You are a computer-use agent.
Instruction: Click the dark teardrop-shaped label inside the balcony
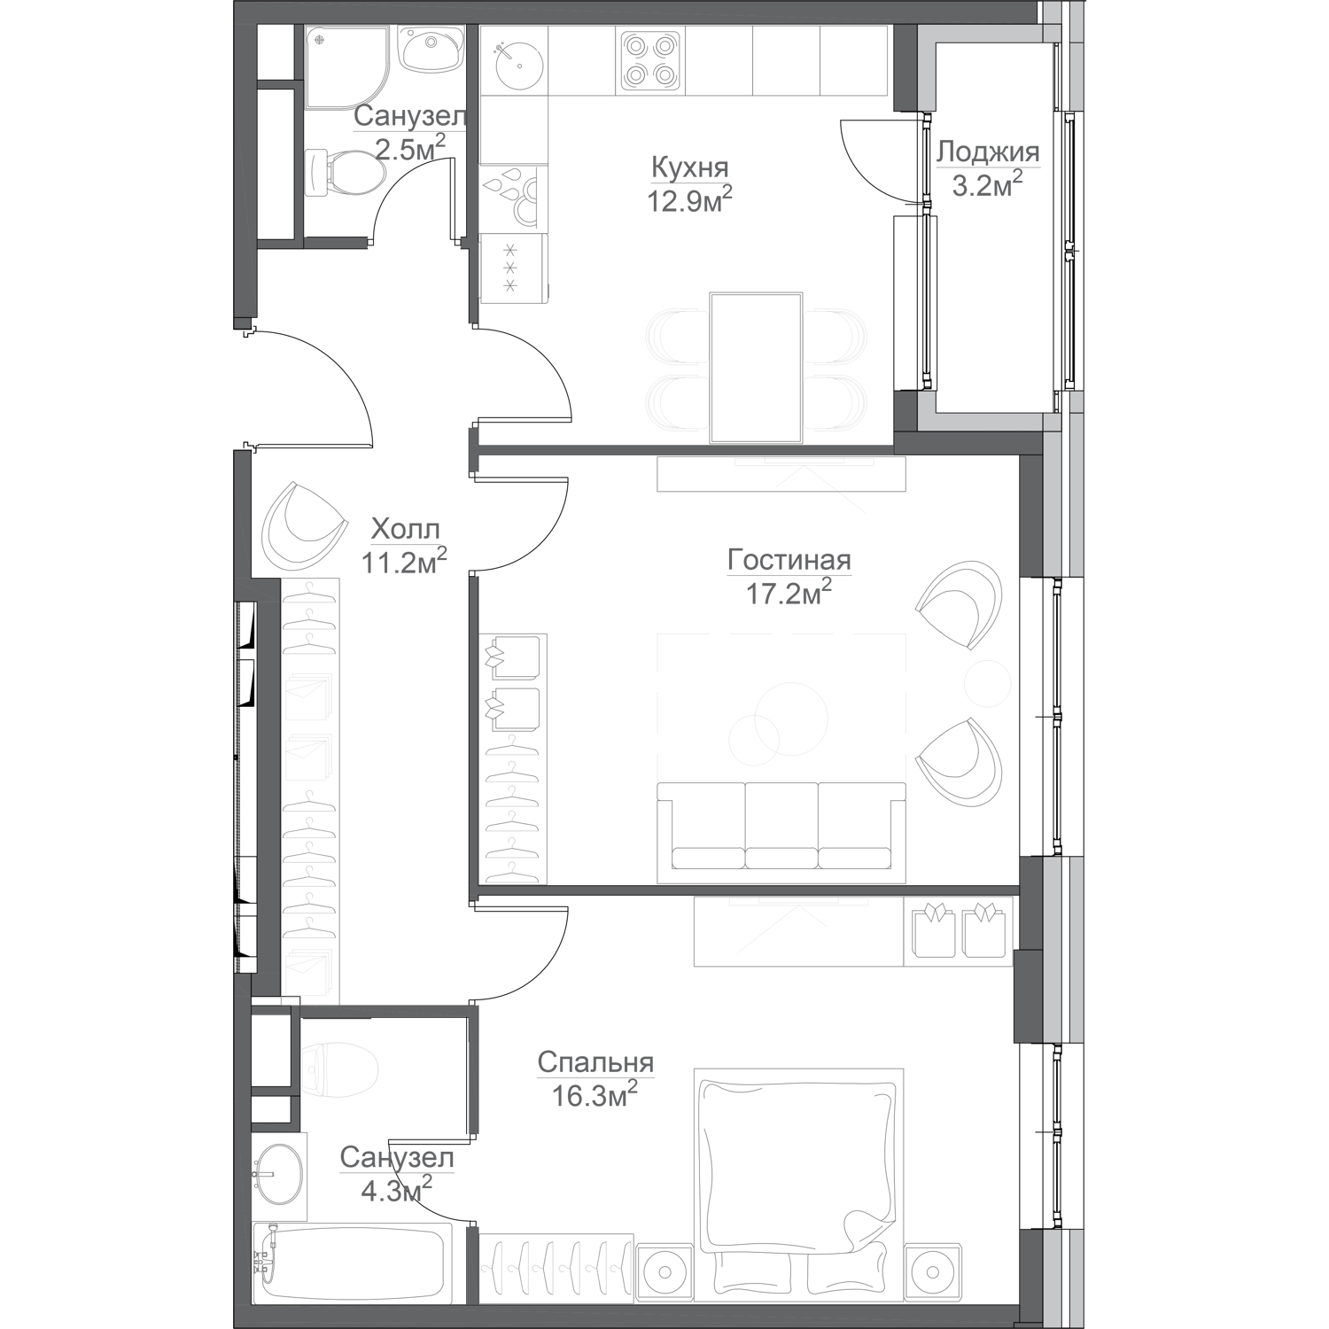tap(990, 168)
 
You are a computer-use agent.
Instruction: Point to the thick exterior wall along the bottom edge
tap(620, 1317)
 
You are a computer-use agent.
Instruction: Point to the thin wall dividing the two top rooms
tap(473, 133)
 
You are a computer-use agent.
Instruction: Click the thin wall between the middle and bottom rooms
tap(744, 889)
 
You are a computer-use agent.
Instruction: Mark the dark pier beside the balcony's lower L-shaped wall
tap(905, 412)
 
